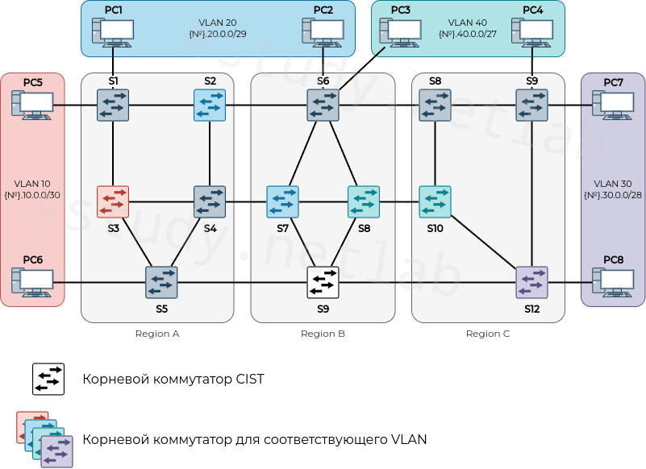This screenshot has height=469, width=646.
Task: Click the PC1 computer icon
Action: click(x=113, y=31)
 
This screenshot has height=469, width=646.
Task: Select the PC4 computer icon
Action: click(x=532, y=31)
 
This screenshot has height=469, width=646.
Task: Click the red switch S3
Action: click(x=113, y=201)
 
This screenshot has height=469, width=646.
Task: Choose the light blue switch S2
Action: click(x=210, y=105)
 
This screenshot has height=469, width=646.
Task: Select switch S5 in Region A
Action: click(x=161, y=282)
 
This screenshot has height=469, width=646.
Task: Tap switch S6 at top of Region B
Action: click(x=323, y=105)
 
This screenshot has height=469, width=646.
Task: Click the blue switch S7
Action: click(x=282, y=201)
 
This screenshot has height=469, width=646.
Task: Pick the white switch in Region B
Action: click(x=323, y=282)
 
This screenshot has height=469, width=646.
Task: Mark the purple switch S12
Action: click(x=531, y=282)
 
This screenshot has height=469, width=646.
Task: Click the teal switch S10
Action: click(x=435, y=201)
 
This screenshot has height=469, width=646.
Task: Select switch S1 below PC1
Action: click(x=113, y=105)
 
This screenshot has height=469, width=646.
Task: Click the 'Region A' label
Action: click(x=157, y=334)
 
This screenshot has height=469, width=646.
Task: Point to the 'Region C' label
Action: click(x=488, y=334)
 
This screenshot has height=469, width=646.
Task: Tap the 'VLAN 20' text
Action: click(x=217, y=23)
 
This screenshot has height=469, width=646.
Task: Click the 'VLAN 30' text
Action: click(x=612, y=183)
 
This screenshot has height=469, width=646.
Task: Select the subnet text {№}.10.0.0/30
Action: click(x=32, y=195)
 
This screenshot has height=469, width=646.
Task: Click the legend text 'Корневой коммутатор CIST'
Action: click(x=173, y=379)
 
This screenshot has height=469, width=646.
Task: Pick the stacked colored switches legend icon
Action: click(x=45, y=439)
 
